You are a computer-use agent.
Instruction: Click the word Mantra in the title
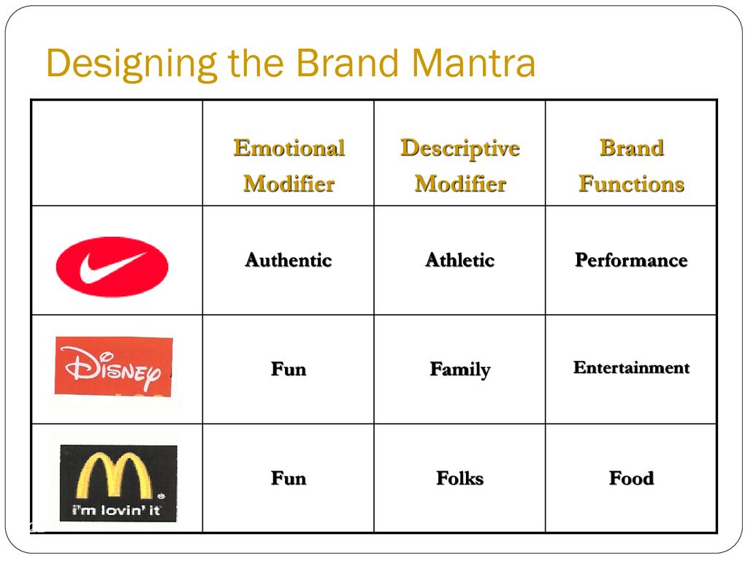tap(473, 63)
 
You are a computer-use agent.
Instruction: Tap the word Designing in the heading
tap(132, 65)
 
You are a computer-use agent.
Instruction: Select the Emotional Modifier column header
tap(289, 166)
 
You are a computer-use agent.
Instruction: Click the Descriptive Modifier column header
tap(460, 166)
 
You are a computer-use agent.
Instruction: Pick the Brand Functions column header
tap(632, 166)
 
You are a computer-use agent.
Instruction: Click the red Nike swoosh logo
tap(112, 267)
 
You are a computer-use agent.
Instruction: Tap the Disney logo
tap(113, 367)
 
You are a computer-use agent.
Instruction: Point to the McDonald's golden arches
tap(114, 475)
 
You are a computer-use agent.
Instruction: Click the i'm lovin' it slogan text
tap(116, 510)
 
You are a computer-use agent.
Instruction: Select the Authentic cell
tap(289, 261)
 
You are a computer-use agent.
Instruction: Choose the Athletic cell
tap(460, 261)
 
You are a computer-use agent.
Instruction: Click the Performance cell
tap(631, 261)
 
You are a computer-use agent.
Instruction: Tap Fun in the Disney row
tap(289, 369)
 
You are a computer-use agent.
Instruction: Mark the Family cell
tap(460, 370)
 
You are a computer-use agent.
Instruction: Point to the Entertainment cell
tap(631, 367)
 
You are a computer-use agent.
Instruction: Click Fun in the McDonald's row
tap(289, 478)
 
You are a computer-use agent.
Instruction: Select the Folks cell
tap(460, 478)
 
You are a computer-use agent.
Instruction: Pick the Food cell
tap(631, 478)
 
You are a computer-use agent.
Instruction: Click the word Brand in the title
tap(348, 63)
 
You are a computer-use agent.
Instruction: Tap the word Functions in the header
tap(632, 184)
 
